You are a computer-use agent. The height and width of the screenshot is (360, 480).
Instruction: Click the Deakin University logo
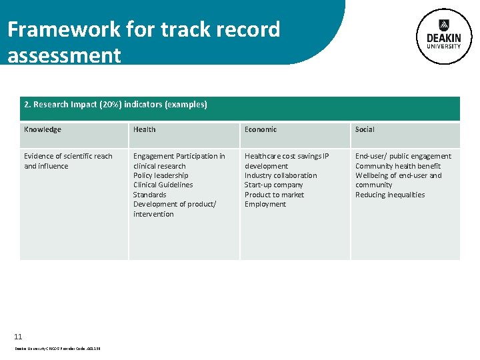coord(444,36)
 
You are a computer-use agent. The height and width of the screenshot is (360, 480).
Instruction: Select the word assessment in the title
coord(64,55)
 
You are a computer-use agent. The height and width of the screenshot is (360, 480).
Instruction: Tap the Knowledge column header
coord(43,129)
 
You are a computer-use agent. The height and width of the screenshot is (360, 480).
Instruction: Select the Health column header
coord(145,129)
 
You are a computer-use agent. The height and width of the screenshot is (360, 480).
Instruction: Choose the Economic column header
coord(261,129)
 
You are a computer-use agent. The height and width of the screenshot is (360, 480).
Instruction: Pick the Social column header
coord(365,129)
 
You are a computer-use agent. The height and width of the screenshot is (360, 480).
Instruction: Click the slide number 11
coord(18,337)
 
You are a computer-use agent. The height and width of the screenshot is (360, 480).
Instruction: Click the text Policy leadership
coord(161,175)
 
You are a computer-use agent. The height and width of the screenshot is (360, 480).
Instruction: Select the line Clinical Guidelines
coord(163,185)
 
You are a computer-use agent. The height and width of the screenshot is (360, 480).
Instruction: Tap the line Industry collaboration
coord(281,175)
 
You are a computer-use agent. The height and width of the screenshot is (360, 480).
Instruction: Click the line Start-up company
coord(273,185)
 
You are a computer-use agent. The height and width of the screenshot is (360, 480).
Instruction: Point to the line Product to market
coord(274,195)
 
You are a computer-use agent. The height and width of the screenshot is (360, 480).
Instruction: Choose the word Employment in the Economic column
coord(265,204)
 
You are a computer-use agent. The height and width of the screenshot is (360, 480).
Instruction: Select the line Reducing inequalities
coord(390,195)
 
